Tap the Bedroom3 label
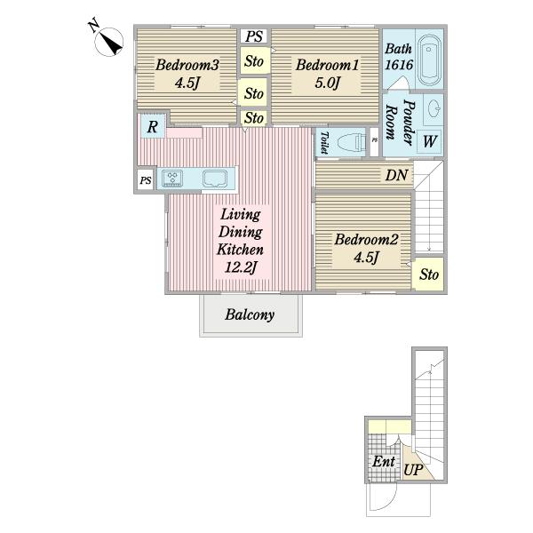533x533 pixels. (x=187, y=65)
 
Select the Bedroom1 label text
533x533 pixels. (x=327, y=65)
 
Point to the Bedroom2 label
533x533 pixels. (x=366, y=239)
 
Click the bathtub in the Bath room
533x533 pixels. (x=429, y=60)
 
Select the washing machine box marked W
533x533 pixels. (x=430, y=141)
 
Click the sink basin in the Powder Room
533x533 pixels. (x=434, y=108)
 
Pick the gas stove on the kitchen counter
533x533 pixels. (x=172, y=178)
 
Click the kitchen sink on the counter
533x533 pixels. (x=215, y=179)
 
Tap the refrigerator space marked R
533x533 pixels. (x=153, y=126)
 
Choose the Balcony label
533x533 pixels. (x=250, y=314)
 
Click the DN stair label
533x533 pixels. (x=396, y=175)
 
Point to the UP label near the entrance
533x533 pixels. (x=413, y=470)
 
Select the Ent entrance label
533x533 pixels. (x=384, y=462)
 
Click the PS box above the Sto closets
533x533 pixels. (x=254, y=36)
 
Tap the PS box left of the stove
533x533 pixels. (x=146, y=179)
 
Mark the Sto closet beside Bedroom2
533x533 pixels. (x=428, y=274)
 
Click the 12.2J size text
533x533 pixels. (x=241, y=267)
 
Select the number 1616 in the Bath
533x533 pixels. (x=398, y=65)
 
